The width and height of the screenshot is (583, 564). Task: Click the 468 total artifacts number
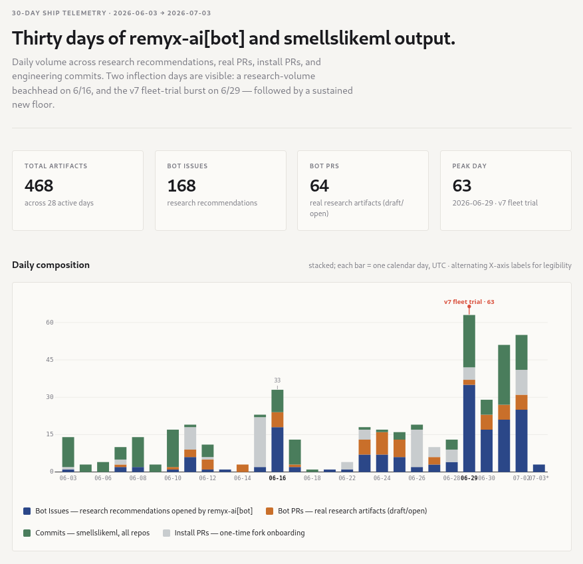click(39, 186)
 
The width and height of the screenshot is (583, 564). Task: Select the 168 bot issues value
click(181, 186)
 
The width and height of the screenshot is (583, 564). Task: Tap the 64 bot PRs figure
click(319, 186)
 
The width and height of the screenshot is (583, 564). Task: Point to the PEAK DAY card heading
click(469, 166)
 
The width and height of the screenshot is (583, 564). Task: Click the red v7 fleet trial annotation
click(469, 302)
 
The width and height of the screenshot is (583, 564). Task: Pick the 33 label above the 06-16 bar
click(277, 380)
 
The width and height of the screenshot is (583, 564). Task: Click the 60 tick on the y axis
click(50, 323)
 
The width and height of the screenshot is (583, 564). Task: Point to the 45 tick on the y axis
click(50, 360)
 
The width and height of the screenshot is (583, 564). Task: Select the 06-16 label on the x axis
click(277, 478)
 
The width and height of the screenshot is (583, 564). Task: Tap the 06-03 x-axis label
click(68, 478)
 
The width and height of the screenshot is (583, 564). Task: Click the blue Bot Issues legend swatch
click(27, 511)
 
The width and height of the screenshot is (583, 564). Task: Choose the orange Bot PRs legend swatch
click(270, 511)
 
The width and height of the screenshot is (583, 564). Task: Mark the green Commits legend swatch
click(27, 533)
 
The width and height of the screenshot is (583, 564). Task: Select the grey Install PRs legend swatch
click(167, 533)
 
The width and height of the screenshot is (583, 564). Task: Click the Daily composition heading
click(51, 265)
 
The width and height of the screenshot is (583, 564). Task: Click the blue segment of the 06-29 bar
click(469, 428)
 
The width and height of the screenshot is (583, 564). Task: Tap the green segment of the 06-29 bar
click(469, 341)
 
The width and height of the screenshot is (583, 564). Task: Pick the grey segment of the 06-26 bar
click(417, 448)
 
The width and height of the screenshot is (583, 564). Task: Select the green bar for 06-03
click(68, 452)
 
